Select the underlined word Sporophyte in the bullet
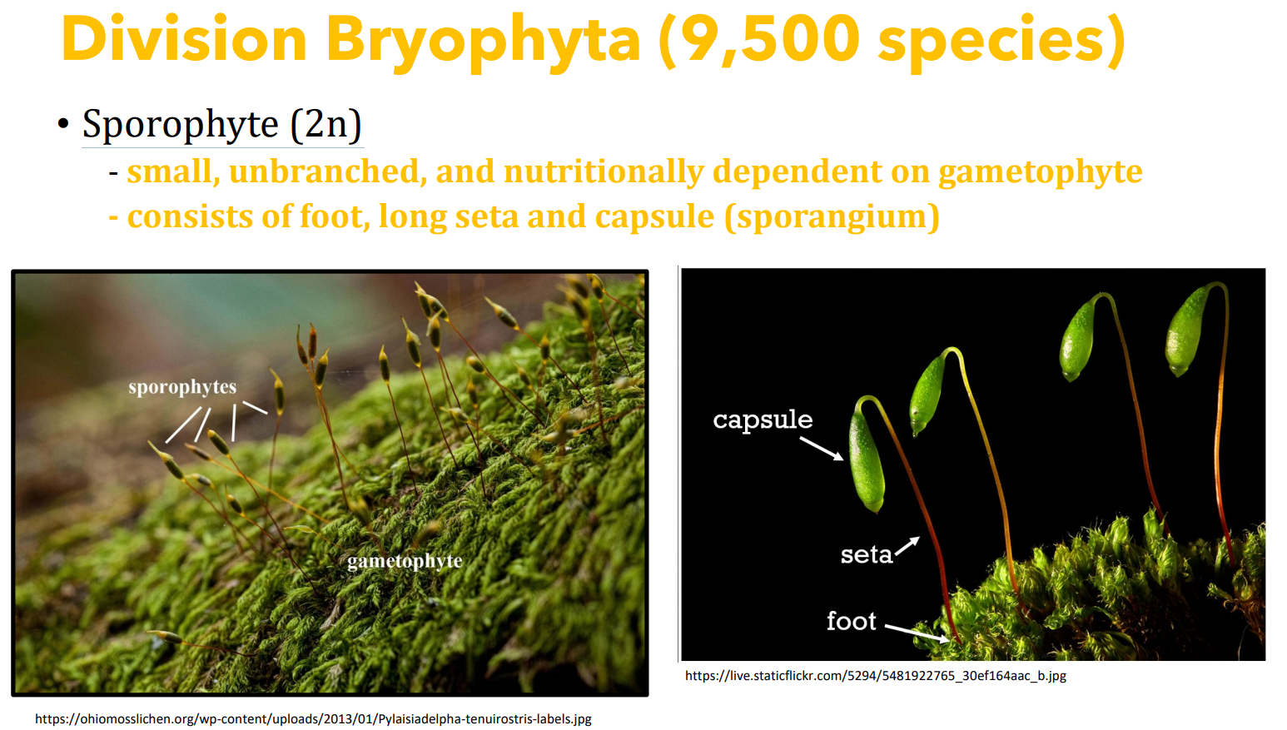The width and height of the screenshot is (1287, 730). [x=181, y=124]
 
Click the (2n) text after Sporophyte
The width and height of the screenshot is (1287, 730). [x=326, y=124]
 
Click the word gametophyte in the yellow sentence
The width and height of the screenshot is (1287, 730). [x=1040, y=173]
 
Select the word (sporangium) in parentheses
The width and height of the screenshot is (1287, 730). [x=832, y=217]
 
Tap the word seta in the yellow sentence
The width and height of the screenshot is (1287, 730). [x=487, y=217]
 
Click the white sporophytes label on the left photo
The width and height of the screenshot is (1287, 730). [x=182, y=388]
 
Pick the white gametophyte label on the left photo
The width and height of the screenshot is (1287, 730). [x=405, y=562]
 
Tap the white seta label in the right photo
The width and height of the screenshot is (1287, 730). [x=867, y=555]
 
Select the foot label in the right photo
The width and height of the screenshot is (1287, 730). [x=851, y=621]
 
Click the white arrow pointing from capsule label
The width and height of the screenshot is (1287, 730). [x=822, y=449]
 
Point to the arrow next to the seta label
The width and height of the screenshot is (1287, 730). [x=907, y=546]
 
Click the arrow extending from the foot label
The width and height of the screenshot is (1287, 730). [x=917, y=633]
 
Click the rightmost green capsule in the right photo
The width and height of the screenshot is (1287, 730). [x=1187, y=330]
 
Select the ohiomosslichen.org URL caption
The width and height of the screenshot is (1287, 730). [x=313, y=719]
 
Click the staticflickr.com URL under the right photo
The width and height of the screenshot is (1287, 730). [x=875, y=676]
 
